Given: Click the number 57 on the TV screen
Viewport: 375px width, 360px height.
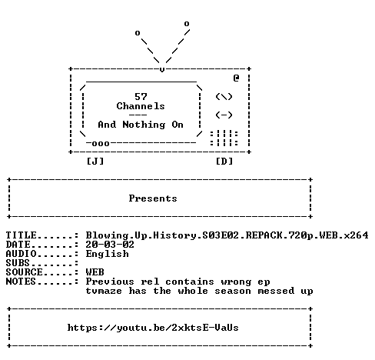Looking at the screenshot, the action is pos(141,97).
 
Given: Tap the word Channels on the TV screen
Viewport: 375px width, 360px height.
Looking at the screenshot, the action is pos(141,106).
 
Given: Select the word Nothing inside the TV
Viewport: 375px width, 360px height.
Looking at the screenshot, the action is pos(144,125).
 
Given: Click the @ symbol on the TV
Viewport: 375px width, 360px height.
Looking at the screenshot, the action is pos(236,78).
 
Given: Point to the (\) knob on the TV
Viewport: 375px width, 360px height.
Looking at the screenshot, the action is pos(224,97).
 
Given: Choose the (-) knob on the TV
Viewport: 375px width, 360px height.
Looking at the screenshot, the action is pos(224,115).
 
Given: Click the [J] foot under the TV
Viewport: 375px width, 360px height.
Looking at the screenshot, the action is pos(95,162).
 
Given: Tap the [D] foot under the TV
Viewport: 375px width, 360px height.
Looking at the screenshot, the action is pos(224,162).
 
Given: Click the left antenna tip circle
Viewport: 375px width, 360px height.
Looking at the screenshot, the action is pos(138,33).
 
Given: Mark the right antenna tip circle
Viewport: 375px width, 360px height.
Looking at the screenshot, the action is pos(187,24).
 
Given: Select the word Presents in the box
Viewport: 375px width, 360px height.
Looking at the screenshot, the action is pos(153,198).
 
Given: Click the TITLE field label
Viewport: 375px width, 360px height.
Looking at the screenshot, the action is pos(21,235).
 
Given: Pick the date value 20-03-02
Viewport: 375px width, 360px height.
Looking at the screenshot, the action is pos(110,245).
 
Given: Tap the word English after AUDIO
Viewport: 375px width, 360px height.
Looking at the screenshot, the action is pos(107,254).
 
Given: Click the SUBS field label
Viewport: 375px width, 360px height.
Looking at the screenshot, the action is pos(18,263).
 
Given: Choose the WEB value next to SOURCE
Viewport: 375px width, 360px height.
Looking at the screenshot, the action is pos(95,272).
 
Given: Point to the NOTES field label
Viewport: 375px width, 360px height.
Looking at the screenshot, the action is pos(21,282).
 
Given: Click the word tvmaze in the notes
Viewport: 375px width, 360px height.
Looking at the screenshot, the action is pos(104,291).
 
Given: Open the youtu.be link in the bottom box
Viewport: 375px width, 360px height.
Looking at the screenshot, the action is pos(153,328).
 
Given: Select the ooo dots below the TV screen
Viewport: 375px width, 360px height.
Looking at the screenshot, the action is pos(101,143).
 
